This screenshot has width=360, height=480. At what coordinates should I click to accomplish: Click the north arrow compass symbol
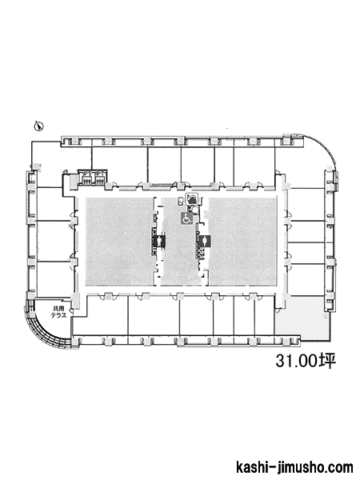39,126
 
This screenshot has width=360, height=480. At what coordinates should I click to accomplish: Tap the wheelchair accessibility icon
186,219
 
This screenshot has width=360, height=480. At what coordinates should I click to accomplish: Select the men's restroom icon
159,241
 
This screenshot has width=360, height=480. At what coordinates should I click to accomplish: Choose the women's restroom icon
205,241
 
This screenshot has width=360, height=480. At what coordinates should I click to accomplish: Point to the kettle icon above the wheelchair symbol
193,199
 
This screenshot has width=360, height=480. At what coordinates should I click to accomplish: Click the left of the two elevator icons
86,178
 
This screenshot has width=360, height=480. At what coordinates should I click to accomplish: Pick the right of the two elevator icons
99,178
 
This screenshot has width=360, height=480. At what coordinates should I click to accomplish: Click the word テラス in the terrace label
58,316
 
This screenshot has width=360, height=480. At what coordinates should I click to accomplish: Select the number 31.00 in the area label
296,361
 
